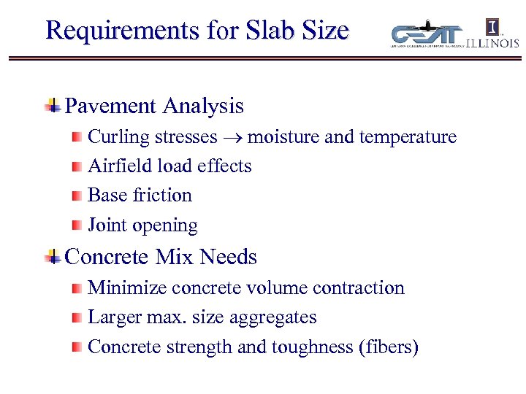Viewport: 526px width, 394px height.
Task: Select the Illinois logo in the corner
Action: pyautogui.click(x=493, y=34)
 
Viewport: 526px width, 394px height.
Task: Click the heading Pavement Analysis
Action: pyautogui.click(x=154, y=107)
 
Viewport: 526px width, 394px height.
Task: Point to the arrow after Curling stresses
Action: pyautogui.click(x=232, y=138)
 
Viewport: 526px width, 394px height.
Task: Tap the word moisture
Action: pyautogui.click(x=282, y=137)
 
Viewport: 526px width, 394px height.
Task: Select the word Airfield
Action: pyautogui.click(x=113, y=166)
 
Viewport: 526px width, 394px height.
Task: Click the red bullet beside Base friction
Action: pyautogui.click(x=77, y=196)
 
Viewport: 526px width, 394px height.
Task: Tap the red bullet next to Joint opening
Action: pyautogui.click(x=77, y=225)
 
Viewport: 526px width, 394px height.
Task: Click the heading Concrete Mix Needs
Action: pyautogui.click(x=161, y=257)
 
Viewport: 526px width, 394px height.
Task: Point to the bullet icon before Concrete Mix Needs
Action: pyautogui.click(x=53, y=257)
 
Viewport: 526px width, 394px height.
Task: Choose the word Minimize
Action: pyautogui.click(x=119, y=287)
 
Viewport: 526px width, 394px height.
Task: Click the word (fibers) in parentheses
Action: pyautogui.click(x=387, y=347)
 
